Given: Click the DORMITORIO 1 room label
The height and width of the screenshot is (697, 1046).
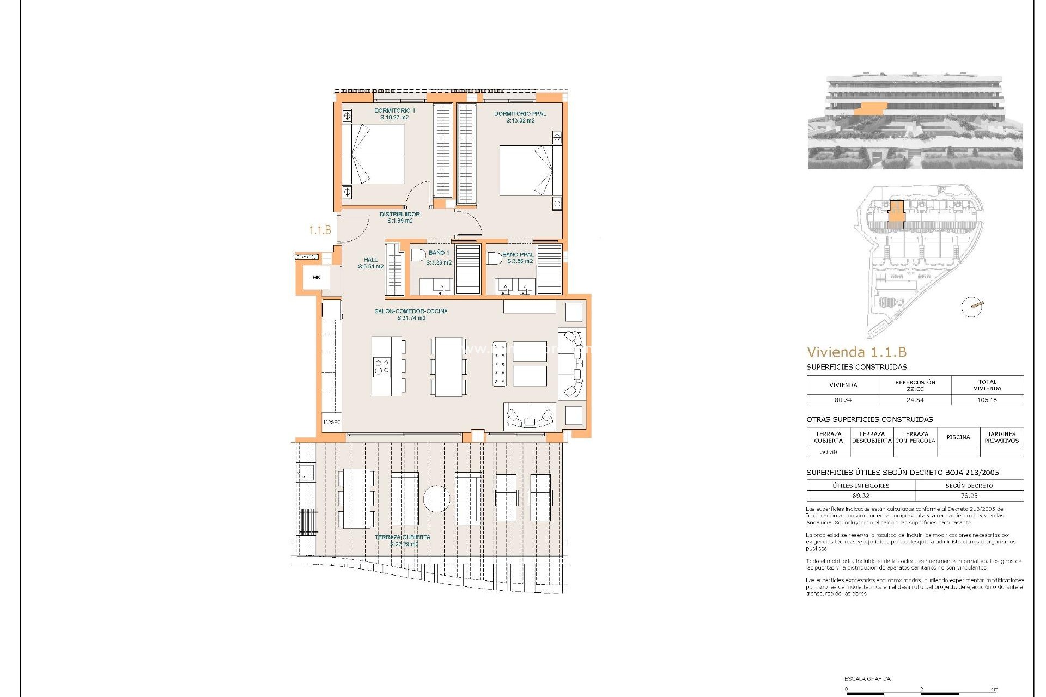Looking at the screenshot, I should click(394, 114).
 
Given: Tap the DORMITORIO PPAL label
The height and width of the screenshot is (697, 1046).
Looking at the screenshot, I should click(520, 117).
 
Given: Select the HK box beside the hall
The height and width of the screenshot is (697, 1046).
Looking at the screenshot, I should click(317, 278).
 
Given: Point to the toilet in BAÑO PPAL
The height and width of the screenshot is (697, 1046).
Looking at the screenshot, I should click(494, 258).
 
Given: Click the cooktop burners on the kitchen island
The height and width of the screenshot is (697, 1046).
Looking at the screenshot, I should click(382, 366).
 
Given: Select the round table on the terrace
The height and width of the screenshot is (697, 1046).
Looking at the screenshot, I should click(437, 498).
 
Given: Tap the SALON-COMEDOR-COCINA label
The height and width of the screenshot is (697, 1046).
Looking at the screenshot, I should click(411, 315).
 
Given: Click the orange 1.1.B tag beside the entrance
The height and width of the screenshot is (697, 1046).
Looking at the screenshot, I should click(320, 230).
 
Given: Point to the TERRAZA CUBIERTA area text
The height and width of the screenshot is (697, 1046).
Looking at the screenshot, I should click(403, 540).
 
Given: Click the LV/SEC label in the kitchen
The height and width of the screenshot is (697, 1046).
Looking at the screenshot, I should click(332, 422).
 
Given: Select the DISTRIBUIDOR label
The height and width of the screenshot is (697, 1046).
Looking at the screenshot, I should click(400, 217).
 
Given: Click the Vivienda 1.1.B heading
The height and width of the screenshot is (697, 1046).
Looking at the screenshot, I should click(856, 352).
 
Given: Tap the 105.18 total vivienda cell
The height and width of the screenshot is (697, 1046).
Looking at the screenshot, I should click(987, 400).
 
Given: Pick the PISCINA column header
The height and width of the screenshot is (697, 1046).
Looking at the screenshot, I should click(958, 437).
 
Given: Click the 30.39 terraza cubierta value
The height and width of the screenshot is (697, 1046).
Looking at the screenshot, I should click(828, 452).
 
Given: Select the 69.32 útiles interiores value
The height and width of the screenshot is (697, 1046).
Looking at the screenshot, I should click(861, 496).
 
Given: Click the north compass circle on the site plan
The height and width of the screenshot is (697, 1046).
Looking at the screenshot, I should click(971, 307).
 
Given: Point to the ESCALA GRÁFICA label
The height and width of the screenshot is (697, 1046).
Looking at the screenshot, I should click(867, 678).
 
